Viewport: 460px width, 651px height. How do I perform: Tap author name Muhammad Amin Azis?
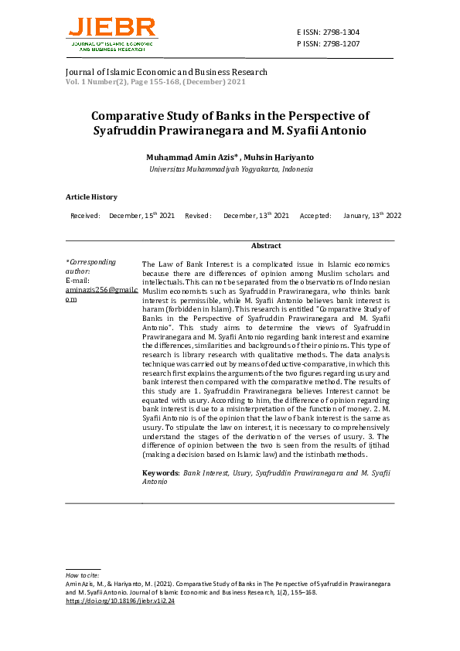191,157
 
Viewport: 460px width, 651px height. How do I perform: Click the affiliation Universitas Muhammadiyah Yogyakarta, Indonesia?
230,169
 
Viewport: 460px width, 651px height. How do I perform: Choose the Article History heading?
91,197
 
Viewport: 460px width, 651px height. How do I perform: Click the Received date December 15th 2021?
141,216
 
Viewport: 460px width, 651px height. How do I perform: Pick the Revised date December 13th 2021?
256,216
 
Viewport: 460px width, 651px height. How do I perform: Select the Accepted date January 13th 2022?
372,216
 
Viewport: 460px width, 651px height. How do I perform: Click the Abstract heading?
266,245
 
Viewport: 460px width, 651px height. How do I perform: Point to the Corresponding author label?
90,267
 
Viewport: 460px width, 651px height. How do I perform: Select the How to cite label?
82,575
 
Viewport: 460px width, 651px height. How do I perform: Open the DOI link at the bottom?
120,601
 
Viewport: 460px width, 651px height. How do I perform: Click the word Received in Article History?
85,216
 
